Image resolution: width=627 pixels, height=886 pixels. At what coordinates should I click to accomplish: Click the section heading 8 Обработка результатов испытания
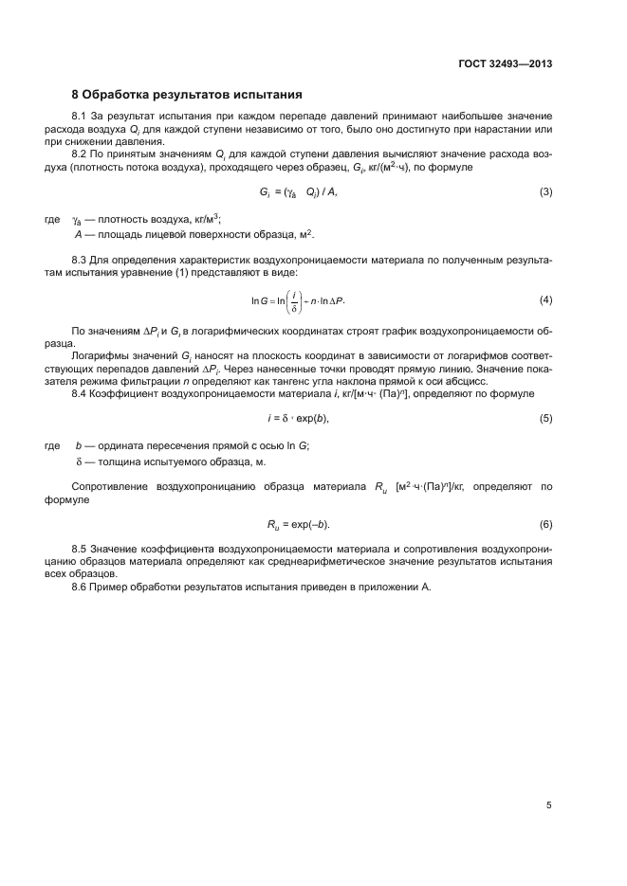point(188,94)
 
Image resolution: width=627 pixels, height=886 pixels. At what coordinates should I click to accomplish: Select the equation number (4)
point(545,300)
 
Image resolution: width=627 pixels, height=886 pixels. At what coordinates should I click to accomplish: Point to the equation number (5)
point(545,418)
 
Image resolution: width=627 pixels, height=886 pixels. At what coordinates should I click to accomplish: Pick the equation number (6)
point(545,524)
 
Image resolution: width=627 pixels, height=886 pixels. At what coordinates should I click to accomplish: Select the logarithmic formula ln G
point(299,300)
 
